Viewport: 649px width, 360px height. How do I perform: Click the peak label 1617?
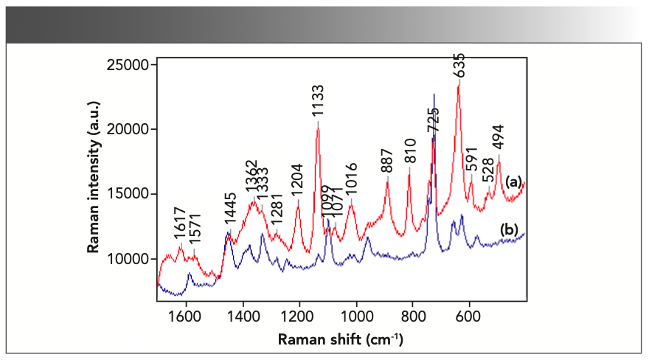click(179, 227)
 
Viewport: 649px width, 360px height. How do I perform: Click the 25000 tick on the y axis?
click(130, 65)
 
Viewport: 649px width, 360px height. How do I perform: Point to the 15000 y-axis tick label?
click(130, 194)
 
